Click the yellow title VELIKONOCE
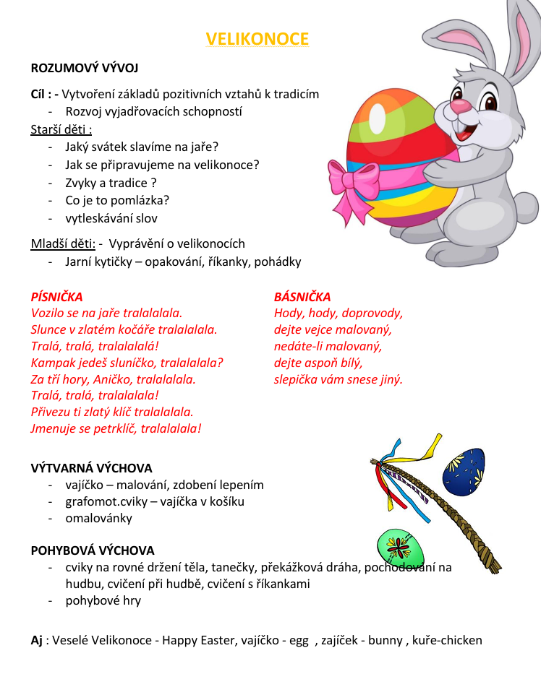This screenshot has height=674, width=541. (x=257, y=39)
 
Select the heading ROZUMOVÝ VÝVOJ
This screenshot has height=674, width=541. (x=85, y=69)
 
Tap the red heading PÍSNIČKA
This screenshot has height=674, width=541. (x=56, y=297)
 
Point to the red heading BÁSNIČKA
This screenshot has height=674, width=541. (x=302, y=297)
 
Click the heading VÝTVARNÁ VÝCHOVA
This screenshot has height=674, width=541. (x=92, y=468)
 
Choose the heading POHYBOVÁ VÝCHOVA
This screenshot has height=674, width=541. (x=93, y=550)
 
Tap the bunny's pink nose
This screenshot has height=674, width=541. (x=460, y=107)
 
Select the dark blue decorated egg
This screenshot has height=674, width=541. (x=464, y=471)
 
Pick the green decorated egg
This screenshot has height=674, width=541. (x=399, y=548)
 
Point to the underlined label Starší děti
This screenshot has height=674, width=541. (x=61, y=129)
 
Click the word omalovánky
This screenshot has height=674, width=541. (x=99, y=518)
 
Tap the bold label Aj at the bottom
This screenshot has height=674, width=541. (x=37, y=640)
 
